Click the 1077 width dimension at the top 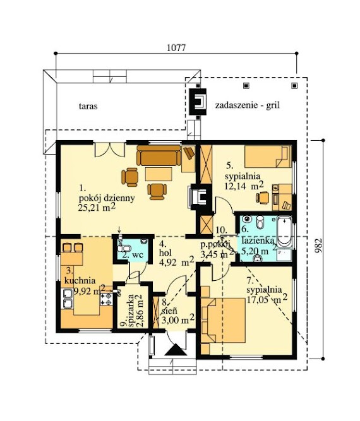click(176, 49)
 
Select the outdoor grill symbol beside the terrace click(199, 101)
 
